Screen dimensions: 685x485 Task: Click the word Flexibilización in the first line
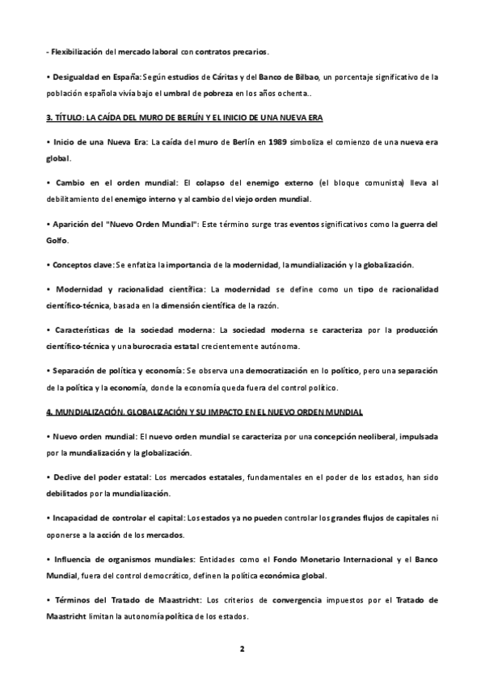click(x=77, y=51)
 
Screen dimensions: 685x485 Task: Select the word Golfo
click(x=57, y=241)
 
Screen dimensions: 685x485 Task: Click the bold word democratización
click(x=302, y=371)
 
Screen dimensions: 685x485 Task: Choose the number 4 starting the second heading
click(x=49, y=412)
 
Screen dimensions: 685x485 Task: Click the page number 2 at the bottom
click(x=242, y=649)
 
